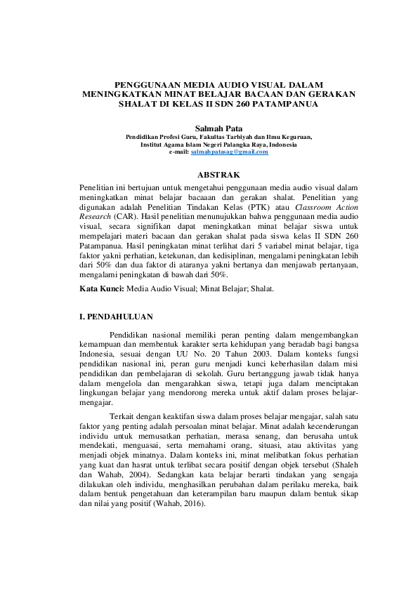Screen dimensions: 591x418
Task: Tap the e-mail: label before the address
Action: click(180, 152)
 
